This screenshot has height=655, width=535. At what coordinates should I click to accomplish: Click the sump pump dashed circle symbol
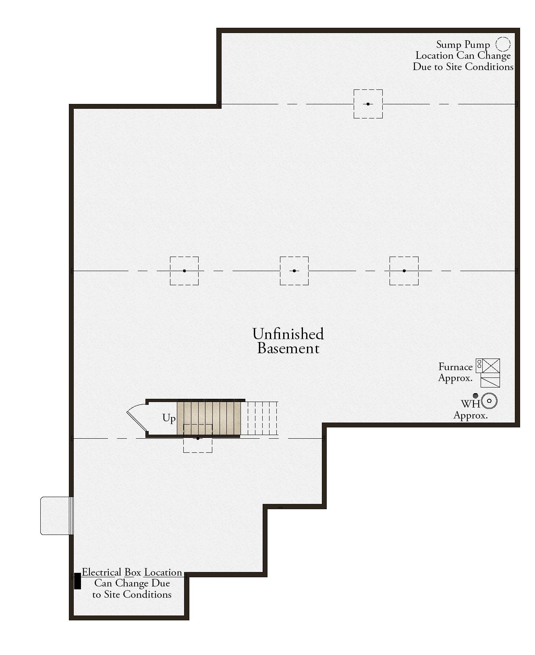(x=503, y=44)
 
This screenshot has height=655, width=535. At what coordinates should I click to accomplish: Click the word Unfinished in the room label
(x=288, y=334)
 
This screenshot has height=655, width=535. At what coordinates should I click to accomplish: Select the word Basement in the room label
(x=288, y=348)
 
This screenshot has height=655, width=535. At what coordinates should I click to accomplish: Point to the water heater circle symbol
(x=489, y=401)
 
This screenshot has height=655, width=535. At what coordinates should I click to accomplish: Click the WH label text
(x=470, y=404)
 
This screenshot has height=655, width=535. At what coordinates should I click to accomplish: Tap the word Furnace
(x=455, y=367)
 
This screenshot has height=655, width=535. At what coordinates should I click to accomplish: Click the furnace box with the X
(x=491, y=366)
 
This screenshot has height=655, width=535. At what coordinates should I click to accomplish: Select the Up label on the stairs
(x=169, y=419)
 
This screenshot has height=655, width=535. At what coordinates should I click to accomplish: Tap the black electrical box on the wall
(x=77, y=581)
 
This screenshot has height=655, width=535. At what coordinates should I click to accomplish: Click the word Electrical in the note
(x=102, y=572)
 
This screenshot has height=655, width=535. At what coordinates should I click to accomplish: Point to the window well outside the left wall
(x=56, y=516)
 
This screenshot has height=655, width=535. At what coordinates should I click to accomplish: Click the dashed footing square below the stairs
(x=198, y=438)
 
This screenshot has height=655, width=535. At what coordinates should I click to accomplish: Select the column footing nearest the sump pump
(x=368, y=104)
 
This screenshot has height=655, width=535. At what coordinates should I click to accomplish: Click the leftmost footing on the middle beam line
(x=184, y=271)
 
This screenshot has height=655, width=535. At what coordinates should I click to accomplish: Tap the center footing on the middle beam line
(x=294, y=271)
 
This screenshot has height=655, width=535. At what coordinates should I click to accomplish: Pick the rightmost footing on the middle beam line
(x=404, y=271)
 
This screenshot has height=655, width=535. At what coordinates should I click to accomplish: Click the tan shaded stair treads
(x=209, y=418)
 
